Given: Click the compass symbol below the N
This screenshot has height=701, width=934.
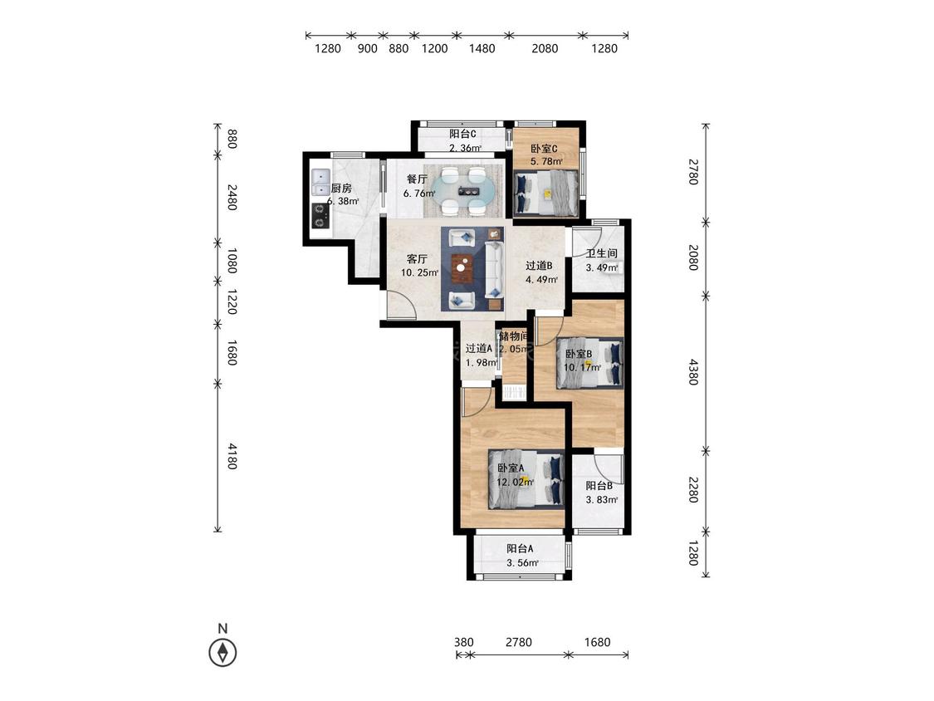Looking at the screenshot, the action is pos(222,652).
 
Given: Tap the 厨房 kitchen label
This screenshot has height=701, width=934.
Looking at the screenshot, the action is pos(341,189).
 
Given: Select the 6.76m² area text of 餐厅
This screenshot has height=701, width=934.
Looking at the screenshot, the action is pos(419,194).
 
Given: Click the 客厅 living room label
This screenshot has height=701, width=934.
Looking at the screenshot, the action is pos(417,258).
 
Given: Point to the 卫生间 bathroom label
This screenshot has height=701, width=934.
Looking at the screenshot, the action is pos(602,253).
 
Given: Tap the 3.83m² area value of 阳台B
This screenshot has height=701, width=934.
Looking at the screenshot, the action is pos(602,499).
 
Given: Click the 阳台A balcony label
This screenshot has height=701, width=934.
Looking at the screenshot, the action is pos(520,548).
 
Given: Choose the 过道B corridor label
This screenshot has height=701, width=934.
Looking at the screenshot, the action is pos(539,265).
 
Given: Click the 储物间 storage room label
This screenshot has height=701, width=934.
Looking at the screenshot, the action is pos(513,336).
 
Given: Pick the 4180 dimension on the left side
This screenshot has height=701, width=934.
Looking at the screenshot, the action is pos(232,456).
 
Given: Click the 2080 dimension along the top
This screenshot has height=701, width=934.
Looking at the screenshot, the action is pos(545,49).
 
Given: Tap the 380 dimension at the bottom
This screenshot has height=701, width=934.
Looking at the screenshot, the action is pos(464,642).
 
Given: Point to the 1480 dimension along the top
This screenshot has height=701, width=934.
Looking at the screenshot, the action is pos(482,49).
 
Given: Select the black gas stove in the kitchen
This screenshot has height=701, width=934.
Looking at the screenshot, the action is pos(320,215).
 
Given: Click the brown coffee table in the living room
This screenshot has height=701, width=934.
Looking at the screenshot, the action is pos(461,267).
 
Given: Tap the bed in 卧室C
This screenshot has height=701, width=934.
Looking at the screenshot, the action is pos(546,193).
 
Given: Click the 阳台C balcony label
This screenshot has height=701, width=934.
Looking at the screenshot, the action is pos(462,134).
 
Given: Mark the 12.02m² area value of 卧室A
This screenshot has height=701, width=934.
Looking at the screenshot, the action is pos(516,483).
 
